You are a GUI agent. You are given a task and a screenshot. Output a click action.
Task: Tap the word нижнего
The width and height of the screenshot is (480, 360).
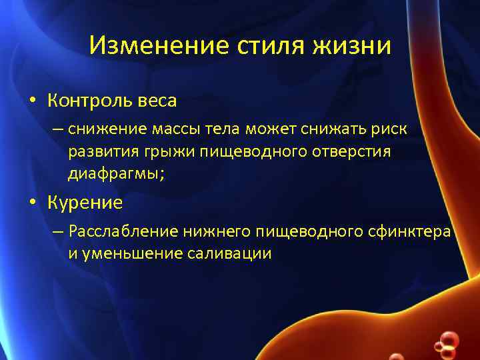(216, 231)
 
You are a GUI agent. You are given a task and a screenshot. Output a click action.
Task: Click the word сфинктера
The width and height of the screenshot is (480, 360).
(408, 231)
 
